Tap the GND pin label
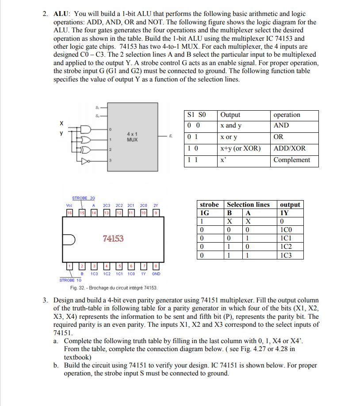pos(156,274)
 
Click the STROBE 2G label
pos(84,198)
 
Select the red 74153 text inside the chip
pos(113,239)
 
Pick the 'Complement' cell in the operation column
pos(291,160)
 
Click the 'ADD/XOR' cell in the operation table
pos(289,148)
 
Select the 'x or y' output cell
pos(229,137)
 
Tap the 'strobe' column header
pos(209,205)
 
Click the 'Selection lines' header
pos(248,205)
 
